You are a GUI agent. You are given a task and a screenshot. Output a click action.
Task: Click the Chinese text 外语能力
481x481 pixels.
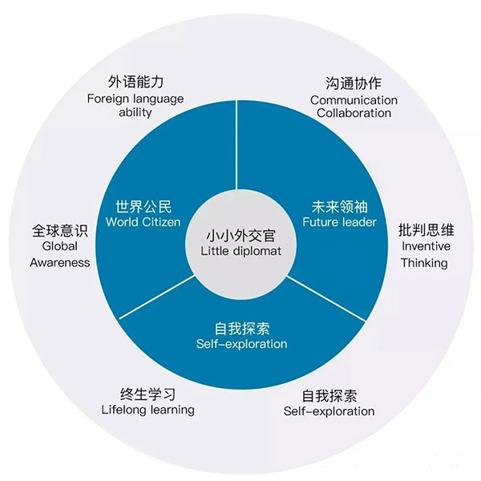click(x=135, y=83)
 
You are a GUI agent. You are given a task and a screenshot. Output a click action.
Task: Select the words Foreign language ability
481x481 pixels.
click(x=135, y=106)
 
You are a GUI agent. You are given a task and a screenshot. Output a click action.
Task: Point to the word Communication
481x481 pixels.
click(x=354, y=100)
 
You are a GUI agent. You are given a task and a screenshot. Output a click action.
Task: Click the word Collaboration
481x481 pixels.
click(x=354, y=113)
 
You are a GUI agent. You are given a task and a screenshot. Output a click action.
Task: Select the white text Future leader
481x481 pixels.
click(x=338, y=222)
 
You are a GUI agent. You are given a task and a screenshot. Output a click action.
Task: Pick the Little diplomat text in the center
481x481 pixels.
click(x=240, y=252)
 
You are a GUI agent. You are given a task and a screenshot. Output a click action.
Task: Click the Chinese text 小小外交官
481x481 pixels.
click(x=240, y=236)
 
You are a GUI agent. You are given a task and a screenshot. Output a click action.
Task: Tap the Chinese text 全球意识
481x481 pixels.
click(x=59, y=229)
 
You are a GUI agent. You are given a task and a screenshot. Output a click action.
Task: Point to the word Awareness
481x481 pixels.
click(x=60, y=262)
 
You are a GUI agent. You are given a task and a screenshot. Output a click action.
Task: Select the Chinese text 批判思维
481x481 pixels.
click(x=424, y=229)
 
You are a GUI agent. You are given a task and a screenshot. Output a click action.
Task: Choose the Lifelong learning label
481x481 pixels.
click(x=148, y=410)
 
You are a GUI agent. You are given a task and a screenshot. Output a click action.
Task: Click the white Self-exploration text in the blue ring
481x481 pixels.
click(x=240, y=344)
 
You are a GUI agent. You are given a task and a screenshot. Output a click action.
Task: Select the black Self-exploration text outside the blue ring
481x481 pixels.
click(x=329, y=411)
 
